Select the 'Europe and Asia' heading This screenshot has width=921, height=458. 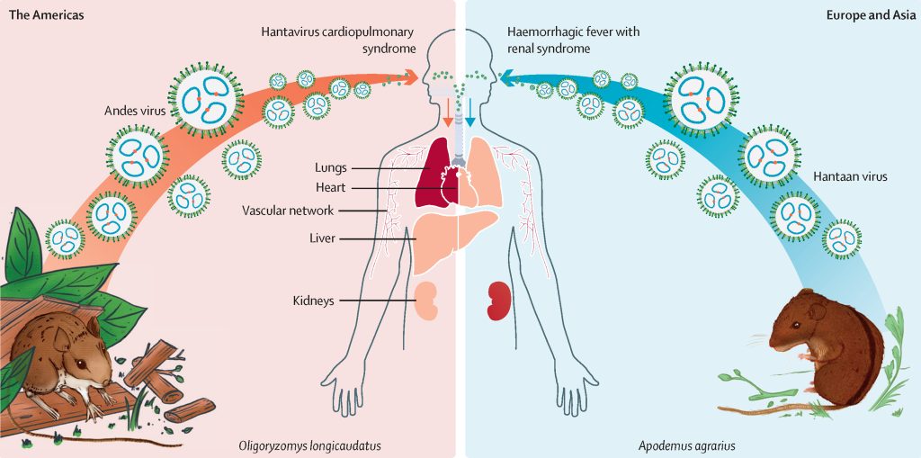[x=872, y=15]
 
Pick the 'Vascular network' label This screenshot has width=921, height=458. [x=288, y=211]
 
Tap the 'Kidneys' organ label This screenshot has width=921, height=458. [x=313, y=300]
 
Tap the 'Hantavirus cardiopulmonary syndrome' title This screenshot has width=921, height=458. [x=339, y=40]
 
